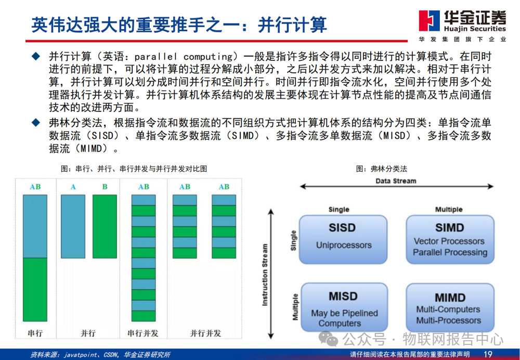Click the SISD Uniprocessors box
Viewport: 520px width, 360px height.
coord(343,239)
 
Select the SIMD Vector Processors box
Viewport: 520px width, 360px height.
coord(450,239)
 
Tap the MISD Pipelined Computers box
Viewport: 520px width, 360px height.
coord(344,307)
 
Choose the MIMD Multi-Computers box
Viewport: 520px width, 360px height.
coord(450,307)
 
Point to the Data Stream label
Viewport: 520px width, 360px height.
coord(396,181)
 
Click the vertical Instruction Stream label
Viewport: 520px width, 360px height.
coord(265,275)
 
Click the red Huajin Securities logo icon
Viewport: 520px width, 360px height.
coord(429,21)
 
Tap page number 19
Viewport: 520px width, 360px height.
coord(488,354)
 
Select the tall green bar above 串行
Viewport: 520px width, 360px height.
coord(35,289)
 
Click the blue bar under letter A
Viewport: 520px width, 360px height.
coord(73,227)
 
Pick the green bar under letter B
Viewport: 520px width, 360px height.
coord(105,227)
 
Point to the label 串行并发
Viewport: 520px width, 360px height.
coord(143,333)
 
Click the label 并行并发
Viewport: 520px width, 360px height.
coord(205,333)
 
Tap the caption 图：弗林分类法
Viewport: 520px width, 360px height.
coord(381,169)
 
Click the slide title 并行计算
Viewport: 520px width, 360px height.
coord(292,25)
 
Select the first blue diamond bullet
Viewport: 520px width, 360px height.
coord(36,56)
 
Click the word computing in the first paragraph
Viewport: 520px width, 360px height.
coord(209,57)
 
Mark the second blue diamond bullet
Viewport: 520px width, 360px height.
coord(36,123)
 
